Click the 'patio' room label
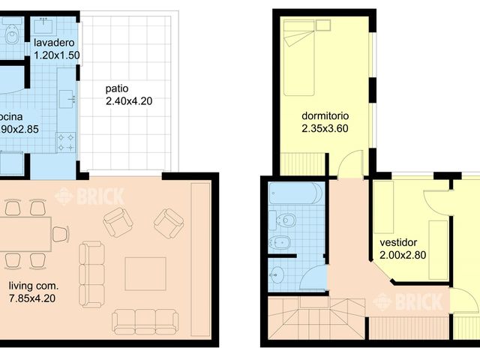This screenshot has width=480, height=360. point(117,88)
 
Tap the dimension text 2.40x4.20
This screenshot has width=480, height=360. point(128,100)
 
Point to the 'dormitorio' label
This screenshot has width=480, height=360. point(325,116)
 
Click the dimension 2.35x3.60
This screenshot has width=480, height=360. point(325,128)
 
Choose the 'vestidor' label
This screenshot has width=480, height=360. point(398,243)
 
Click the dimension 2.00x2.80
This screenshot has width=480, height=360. point(403,255)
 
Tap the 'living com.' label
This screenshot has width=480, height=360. point(34,286)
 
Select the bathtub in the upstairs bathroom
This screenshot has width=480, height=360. point(295,194)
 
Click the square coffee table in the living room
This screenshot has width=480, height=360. point(145,274)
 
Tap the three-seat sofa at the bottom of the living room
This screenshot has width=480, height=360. point(145,321)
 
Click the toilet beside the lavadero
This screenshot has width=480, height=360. point(12,34)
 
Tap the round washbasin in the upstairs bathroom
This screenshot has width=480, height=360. point(278,274)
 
